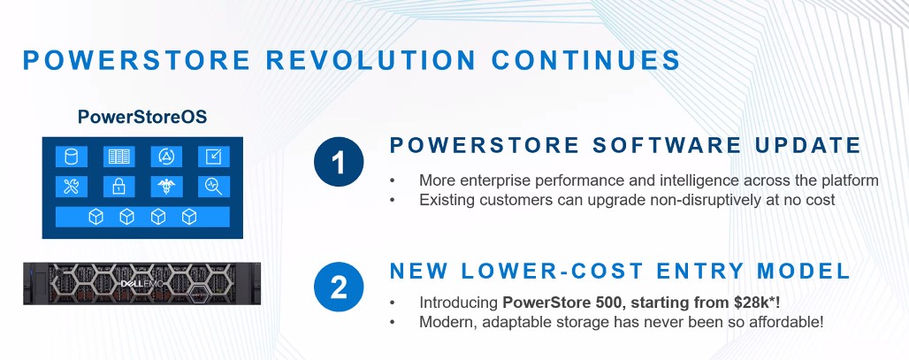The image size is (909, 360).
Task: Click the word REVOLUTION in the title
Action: click(370, 60)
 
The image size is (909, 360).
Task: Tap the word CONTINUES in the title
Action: click(585, 60)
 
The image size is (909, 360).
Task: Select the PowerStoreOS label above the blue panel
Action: click(142, 117)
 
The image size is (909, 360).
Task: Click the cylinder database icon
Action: click(72, 157)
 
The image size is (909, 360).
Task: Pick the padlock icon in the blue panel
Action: click(118, 187)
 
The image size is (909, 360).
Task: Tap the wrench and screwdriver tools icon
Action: click(72, 187)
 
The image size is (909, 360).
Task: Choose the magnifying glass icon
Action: click(213, 187)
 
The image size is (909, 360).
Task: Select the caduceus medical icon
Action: click(166, 187)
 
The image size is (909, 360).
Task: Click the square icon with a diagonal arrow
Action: click(213, 157)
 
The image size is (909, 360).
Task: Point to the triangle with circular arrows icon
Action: click(166, 157)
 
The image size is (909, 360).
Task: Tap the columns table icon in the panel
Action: click(118, 157)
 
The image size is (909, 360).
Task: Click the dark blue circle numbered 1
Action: click(339, 163)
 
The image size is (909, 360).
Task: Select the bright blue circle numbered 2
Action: click(339, 287)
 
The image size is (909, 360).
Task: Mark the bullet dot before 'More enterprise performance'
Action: click(393, 181)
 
